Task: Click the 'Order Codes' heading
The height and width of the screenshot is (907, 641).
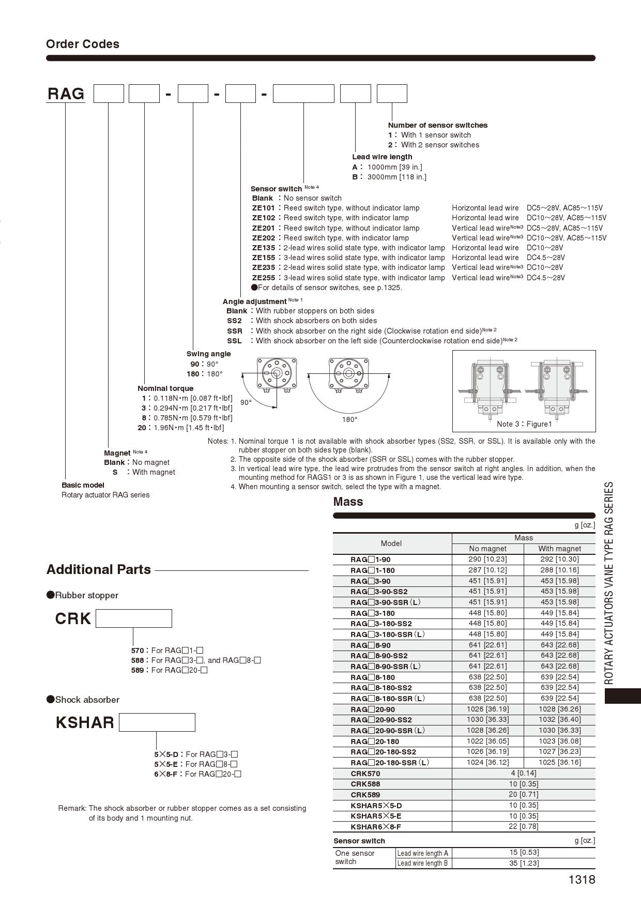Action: [x=83, y=44]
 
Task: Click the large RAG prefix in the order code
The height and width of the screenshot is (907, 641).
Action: [x=66, y=94]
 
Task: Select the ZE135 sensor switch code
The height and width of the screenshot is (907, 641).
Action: [x=263, y=248]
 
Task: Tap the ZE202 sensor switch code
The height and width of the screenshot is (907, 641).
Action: [x=263, y=238]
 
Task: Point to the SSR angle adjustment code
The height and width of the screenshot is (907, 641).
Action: [x=234, y=331]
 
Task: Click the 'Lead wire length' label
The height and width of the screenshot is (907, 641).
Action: [x=382, y=157]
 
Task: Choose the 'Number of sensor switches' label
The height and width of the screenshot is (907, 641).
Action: [x=437, y=125]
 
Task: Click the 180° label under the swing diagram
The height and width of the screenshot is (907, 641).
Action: [x=349, y=419]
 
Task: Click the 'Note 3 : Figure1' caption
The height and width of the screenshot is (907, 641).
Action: [x=524, y=424]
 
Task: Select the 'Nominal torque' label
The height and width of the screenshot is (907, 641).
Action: [x=165, y=388]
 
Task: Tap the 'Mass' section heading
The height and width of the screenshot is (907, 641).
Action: [x=348, y=502]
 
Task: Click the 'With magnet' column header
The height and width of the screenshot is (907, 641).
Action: [x=559, y=549]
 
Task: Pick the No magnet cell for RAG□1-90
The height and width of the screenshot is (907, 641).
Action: [x=487, y=559]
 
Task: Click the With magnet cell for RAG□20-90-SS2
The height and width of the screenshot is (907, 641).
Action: [x=559, y=719]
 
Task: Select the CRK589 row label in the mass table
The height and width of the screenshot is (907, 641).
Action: [x=365, y=794]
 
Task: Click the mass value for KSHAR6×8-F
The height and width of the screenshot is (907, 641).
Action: [x=523, y=826]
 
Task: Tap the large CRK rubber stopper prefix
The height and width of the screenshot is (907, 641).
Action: [x=73, y=618]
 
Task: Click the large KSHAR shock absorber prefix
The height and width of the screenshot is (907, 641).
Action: [x=85, y=722]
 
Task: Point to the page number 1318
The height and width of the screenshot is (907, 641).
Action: [x=582, y=880]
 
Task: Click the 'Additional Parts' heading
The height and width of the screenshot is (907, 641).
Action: [x=98, y=569]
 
